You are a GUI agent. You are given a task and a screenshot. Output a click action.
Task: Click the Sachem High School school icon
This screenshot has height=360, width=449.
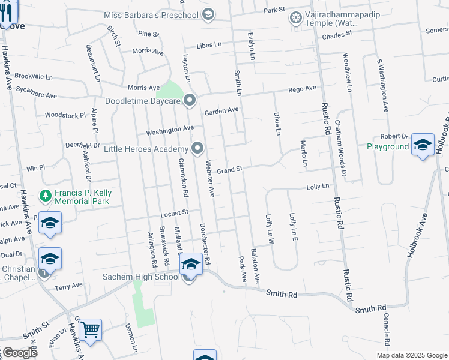pos(191,263)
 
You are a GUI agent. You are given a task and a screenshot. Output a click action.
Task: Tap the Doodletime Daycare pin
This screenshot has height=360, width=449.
pos(190,100)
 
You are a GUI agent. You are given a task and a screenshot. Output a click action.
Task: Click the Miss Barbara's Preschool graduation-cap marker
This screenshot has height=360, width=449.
pos(208,14)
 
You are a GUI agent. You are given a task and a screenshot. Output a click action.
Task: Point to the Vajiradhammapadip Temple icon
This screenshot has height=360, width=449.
pos(295,17)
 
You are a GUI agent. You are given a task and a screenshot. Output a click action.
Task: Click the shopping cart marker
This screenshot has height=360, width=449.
pos(90,329)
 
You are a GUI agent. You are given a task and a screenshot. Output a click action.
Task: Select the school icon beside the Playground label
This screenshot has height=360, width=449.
pos(423,145)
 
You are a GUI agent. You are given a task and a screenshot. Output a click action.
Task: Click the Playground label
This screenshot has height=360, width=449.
pos(388,146)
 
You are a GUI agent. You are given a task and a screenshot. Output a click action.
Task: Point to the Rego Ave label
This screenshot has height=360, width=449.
pos(302,89)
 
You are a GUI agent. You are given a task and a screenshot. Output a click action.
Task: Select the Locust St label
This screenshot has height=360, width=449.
pos(175,212)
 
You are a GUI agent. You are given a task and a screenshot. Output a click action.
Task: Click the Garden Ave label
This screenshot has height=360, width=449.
pos(221,111)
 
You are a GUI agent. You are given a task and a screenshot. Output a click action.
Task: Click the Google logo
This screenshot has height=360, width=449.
pos(20,353)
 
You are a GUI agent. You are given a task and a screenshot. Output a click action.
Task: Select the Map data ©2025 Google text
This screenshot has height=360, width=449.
pos(411,355)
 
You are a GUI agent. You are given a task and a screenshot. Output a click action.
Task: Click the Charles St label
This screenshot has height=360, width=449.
pos(336,35)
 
